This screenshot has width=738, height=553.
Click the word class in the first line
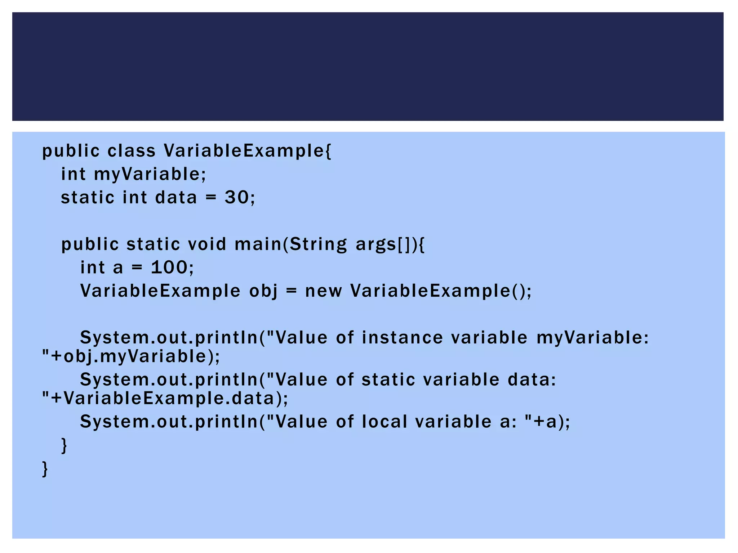pos(131,150)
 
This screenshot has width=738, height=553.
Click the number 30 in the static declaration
pos(236,197)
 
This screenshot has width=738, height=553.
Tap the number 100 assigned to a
pos(169,267)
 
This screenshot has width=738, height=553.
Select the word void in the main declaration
pos(207,244)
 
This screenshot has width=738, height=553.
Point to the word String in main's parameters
pos(318,244)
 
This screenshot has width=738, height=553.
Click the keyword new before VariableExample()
pos(323,291)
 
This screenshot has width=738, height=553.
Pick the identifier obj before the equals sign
pos(263,291)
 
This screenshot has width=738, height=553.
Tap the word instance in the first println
pos(402,338)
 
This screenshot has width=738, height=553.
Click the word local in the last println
pos(384,422)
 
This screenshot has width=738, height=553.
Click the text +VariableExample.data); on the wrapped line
pos(170,399)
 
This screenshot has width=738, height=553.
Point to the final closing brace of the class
pos(45,469)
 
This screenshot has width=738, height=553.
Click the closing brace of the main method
pos(64,445)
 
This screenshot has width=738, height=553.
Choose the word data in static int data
pos(176,197)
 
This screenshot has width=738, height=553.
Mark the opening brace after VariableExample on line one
pos(328,150)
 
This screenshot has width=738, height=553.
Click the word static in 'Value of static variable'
pos(388,379)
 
